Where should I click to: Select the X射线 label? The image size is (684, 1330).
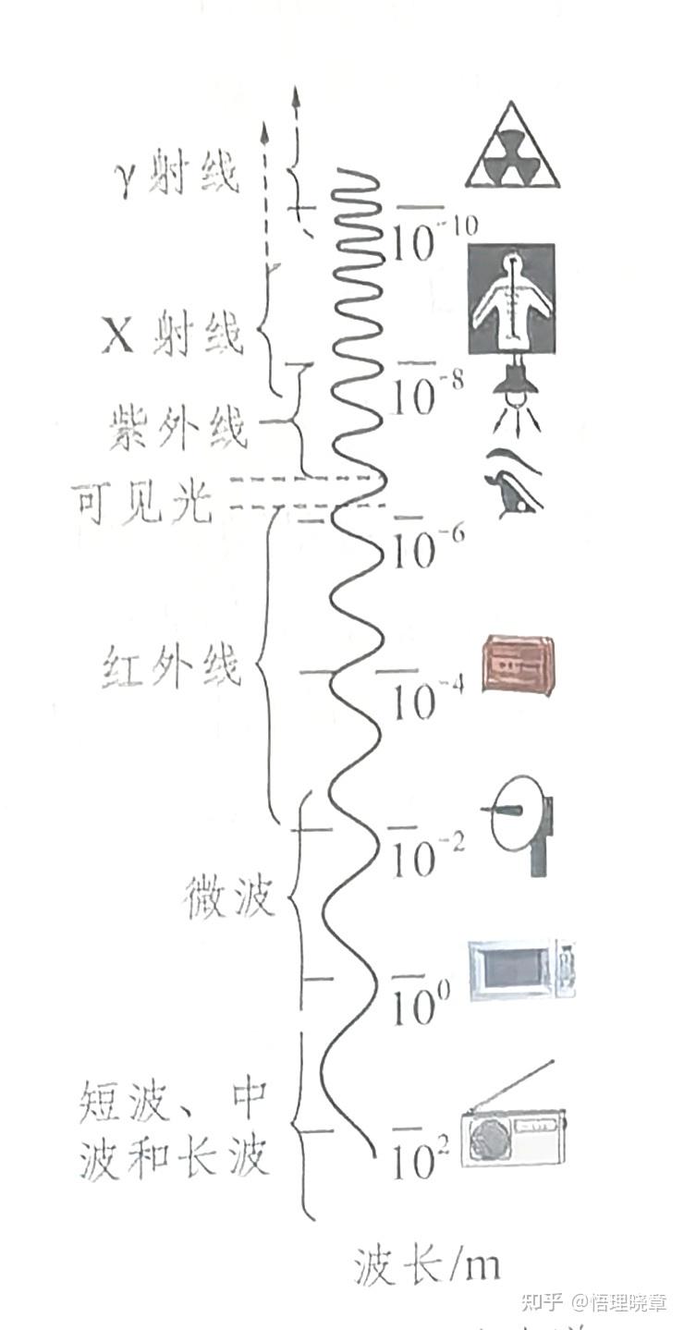172,333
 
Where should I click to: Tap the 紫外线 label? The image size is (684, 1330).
177,426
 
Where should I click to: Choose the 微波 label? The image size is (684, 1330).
229,897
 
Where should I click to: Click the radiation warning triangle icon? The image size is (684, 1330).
512,145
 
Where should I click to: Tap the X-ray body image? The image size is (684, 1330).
511,299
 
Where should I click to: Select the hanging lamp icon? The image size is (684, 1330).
516,392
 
